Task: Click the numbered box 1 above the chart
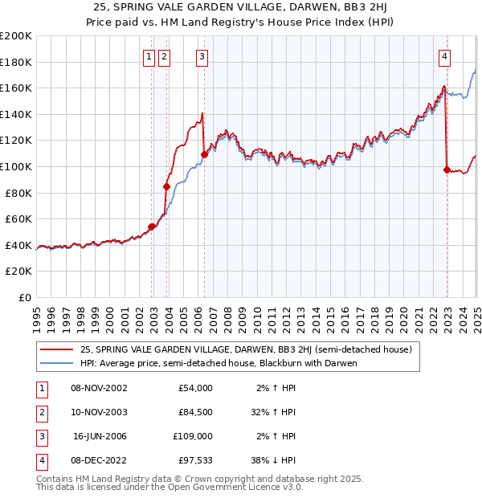(149, 56)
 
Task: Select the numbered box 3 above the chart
(201, 56)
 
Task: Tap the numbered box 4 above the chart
(444, 56)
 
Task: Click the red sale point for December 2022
(447, 169)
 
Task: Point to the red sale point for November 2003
(167, 186)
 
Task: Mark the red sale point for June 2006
(204, 154)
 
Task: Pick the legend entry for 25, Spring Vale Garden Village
(246, 349)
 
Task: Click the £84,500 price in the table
(194, 412)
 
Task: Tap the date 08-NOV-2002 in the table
(99, 388)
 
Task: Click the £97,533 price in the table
(194, 460)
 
